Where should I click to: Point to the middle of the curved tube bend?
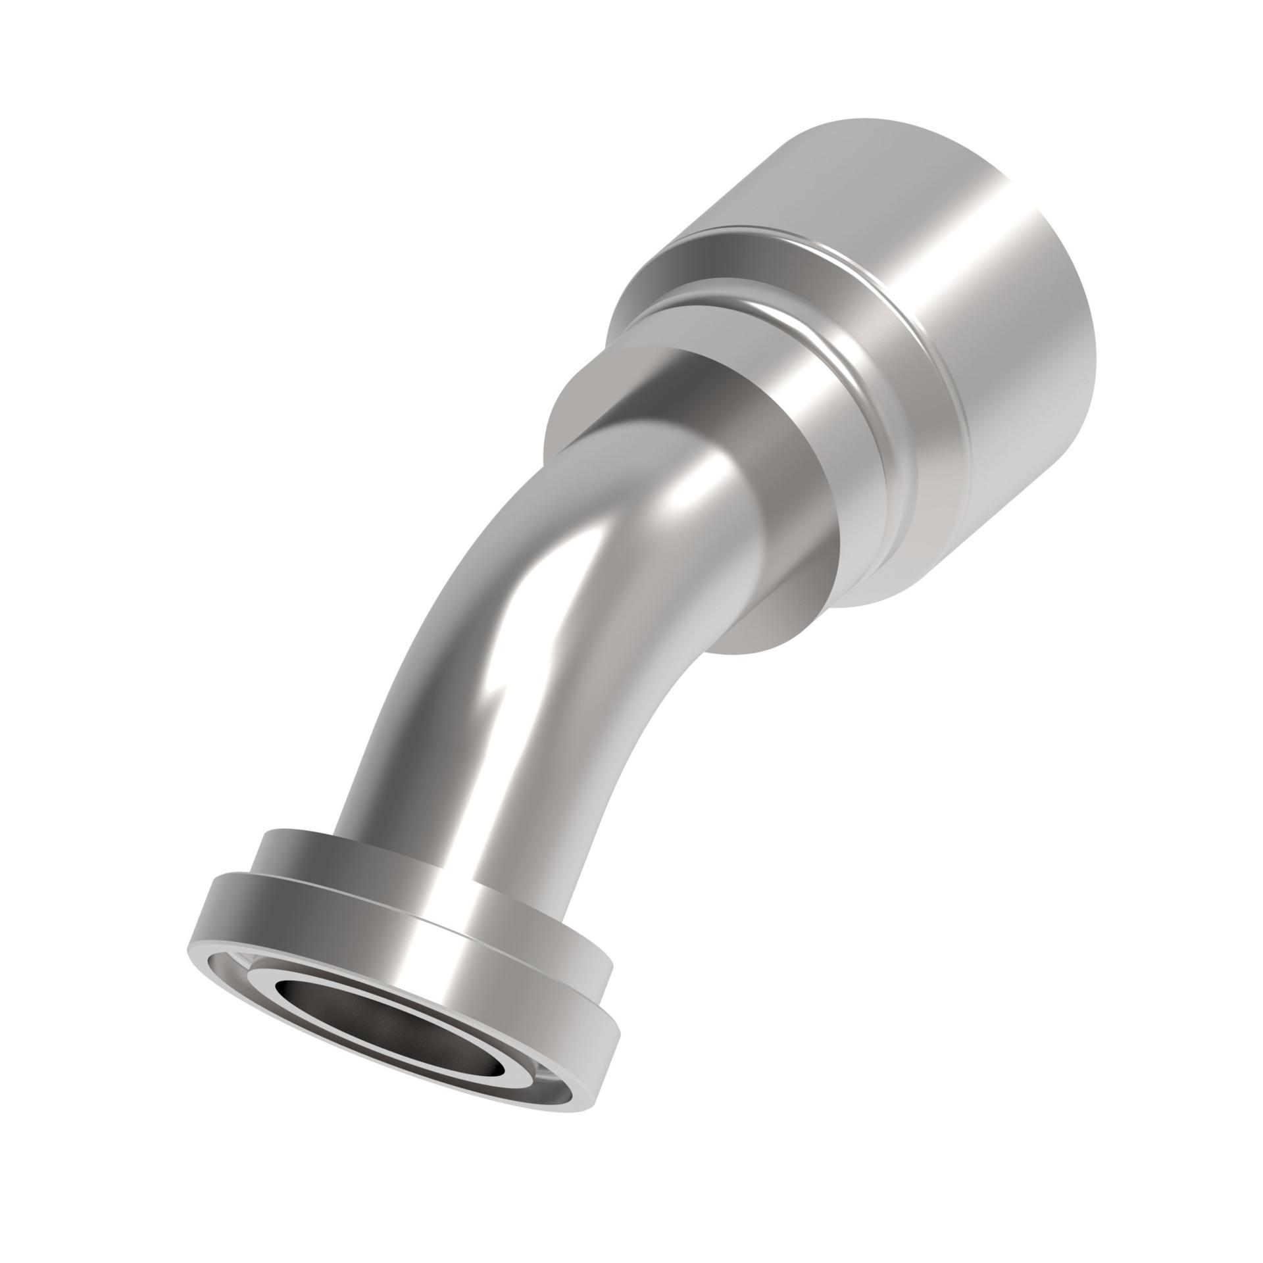pos(526,592)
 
